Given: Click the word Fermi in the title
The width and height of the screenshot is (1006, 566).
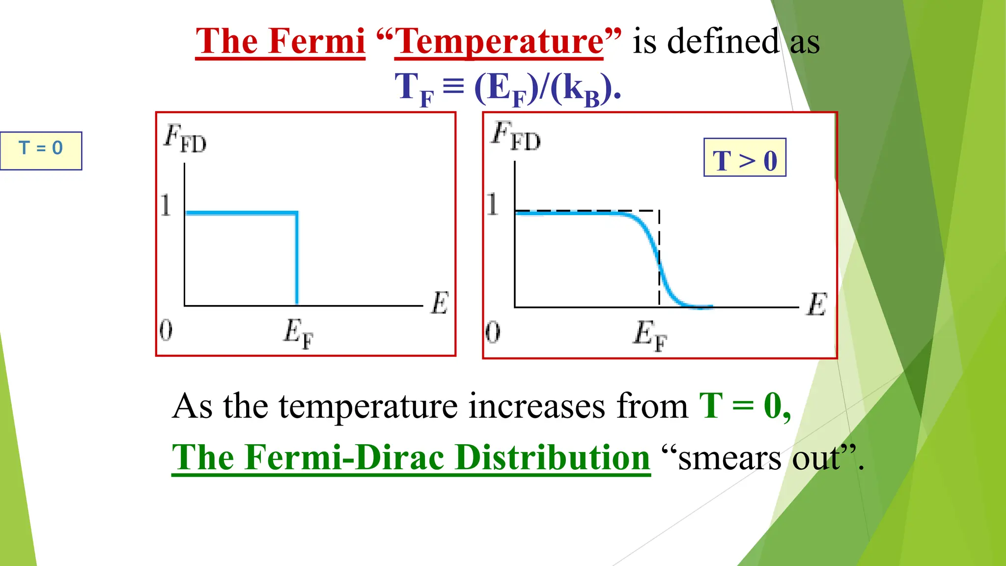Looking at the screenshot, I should coord(316,41).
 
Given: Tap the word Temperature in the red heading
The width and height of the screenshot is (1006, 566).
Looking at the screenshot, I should coord(498,42).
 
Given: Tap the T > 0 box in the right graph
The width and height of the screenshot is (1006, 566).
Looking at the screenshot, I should coord(745,158).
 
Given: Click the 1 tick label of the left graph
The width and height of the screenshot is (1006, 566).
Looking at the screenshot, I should coord(166,205).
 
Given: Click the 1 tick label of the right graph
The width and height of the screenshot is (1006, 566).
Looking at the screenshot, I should coord(492,204).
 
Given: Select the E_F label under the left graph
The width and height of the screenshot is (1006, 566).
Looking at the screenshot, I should coord(298,334).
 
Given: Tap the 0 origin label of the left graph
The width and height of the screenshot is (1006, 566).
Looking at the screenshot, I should coord(166,330).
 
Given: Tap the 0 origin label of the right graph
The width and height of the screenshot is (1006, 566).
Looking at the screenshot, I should coord(493,332).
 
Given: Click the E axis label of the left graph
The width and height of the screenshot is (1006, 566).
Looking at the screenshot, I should coord(440,303).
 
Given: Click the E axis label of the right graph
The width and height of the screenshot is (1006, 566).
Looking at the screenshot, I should coord(817,304).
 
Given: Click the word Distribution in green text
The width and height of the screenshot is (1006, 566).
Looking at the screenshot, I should coord(552,458).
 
